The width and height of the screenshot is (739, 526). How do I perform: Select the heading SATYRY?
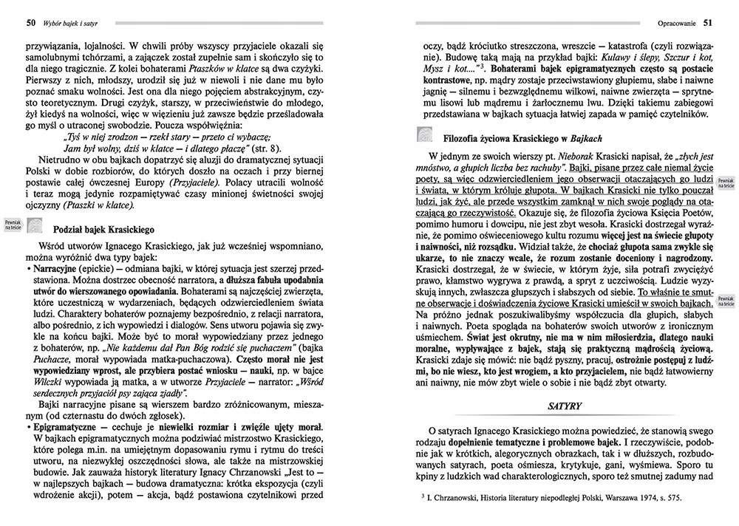pyautogui.click(x=568, y=406)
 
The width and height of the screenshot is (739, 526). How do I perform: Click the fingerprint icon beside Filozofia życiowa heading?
pyautogui.click(x=428, y=134)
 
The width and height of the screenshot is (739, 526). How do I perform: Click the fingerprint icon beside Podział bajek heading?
pyautogui.click(x=37, y=228)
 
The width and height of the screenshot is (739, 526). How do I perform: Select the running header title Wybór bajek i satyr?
pyautogui.click(x=61, y=21)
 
